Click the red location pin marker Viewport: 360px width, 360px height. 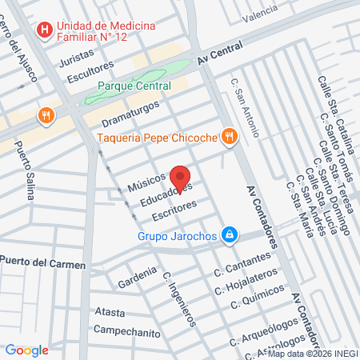(x=181, y=178)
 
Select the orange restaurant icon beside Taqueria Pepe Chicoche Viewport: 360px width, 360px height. (x=230, y=136)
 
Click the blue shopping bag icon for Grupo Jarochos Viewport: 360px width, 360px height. (x=230, y=234)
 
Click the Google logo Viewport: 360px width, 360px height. (x=26, y=350)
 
